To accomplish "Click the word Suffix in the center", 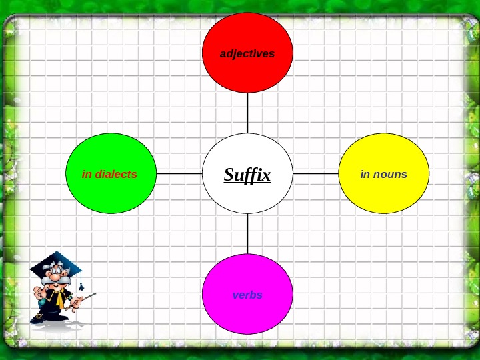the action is pyautogui.click(x=247, y=175).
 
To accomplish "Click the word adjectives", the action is pyautogui.click(x=247, y=53).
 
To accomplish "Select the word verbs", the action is pyautogui.click(x=247, y=295).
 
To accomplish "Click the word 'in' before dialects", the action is pyautogui.click(x=86, y=175).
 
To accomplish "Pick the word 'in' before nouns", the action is pyautogui.click(x=365, y=175).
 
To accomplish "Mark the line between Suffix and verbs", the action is pyautogui.click(x=247, y=233).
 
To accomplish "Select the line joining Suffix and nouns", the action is pyautogui.click(x=316, y=173).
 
